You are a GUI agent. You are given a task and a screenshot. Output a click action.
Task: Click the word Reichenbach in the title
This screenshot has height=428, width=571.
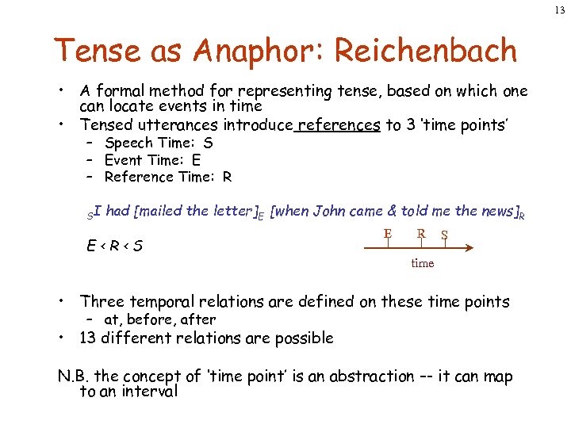tap(425, 51)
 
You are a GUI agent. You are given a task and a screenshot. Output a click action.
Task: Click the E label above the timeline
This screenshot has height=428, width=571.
tap(387, 234)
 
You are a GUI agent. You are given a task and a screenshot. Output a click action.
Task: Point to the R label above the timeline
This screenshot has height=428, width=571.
tap(421, 234)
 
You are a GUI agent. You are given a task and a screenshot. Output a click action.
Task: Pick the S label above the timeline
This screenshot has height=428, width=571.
tap(444, 235)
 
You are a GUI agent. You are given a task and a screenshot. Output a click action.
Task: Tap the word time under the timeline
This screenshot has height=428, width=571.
tap(422, 263)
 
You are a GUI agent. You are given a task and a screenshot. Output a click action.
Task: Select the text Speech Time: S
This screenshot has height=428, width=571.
tap(158, 143)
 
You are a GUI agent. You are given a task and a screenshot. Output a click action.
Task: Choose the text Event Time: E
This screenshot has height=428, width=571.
tap(152, 160)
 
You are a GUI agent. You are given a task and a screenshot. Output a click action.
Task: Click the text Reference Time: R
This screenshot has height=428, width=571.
tap(167, 177)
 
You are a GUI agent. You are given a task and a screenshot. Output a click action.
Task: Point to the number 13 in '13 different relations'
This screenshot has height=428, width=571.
tap(89, 338)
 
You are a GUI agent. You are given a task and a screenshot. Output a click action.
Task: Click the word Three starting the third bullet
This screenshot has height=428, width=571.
tap(102, 301)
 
